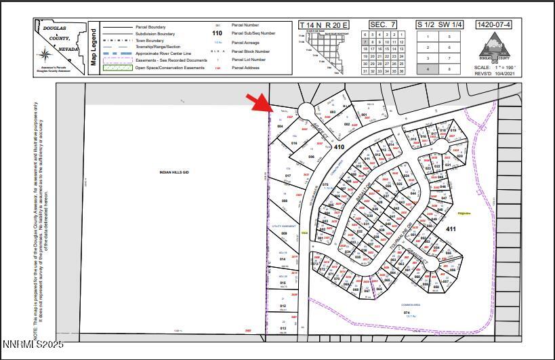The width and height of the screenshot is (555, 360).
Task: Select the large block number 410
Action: (339, 146)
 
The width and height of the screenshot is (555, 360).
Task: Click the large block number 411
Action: (451, 229)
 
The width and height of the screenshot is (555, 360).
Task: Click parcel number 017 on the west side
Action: (287, 176)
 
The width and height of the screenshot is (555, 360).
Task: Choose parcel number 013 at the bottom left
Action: (283, 328)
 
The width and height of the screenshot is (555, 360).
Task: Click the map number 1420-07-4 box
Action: (494, 25)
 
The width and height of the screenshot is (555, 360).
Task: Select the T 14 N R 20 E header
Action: (323, 25)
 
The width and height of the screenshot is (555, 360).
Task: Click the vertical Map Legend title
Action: (94, 46)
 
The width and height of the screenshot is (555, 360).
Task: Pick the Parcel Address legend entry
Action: (247, 68)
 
